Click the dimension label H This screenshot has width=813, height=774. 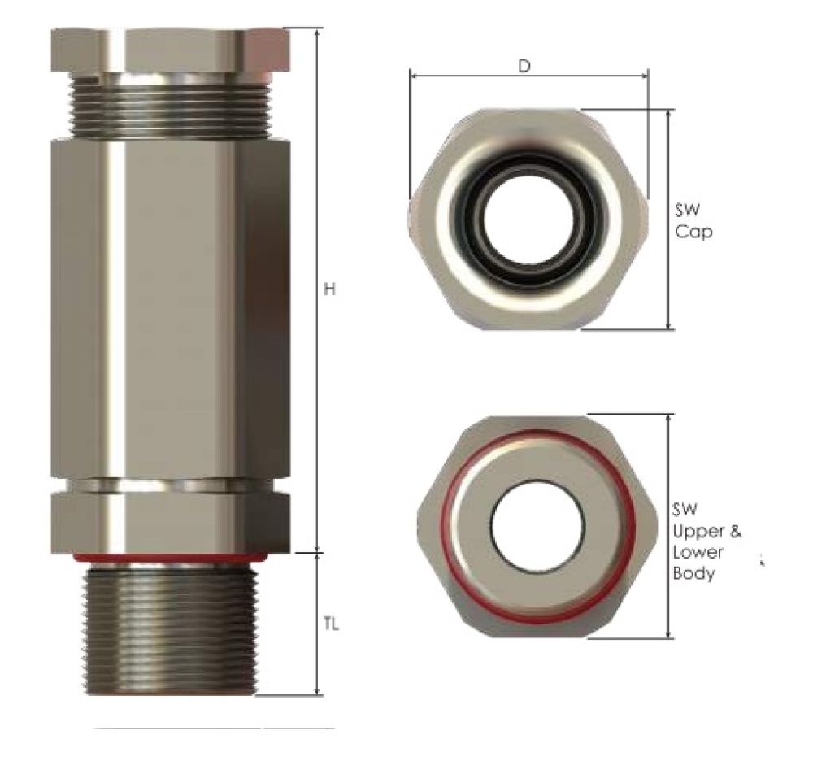[x=329, y=290]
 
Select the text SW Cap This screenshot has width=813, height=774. [x=693, y=220]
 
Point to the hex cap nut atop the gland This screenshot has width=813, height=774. [x=170, y=49]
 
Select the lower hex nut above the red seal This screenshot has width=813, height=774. [x=170, y=520]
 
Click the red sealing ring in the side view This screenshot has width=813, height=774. [x=170, y=559]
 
